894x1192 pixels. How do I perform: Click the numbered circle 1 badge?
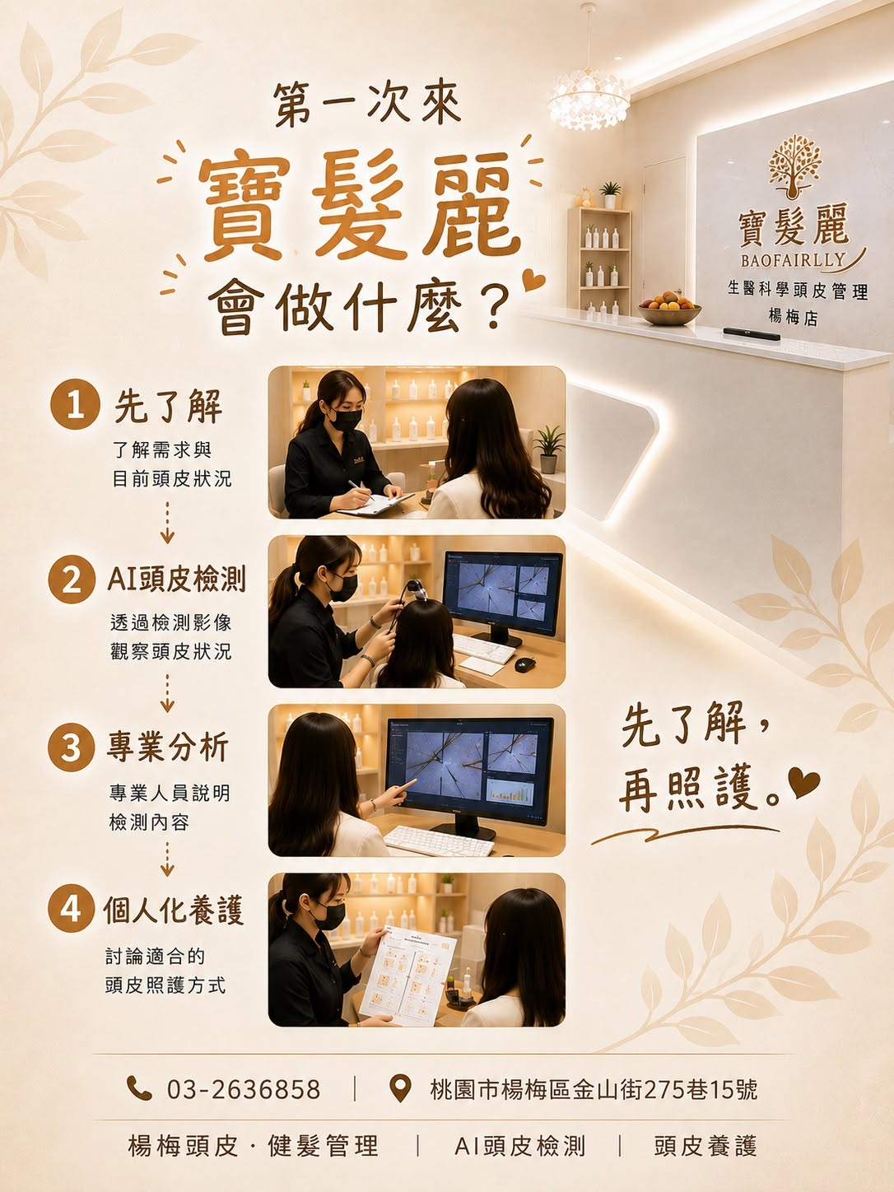[75, 404]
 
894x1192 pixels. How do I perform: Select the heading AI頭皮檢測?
[177, 579]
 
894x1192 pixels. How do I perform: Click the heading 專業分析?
[168, 747]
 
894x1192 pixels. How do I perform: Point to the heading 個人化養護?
[174, 910]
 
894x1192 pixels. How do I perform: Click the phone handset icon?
[139, 1088]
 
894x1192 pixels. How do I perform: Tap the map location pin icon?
[400, 1088]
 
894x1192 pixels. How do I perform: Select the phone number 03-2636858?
[243, 1089]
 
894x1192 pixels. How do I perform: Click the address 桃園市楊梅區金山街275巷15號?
[594, 1089]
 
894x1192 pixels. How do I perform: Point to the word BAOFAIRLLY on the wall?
[794, 261]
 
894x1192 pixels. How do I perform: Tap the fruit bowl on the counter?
[669, 308]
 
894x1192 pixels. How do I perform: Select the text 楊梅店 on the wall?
[793, 318]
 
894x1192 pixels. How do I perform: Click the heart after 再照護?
[804, 783]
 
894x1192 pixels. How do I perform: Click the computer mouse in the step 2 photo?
[524, 664]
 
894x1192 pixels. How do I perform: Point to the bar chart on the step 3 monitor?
[510, 792]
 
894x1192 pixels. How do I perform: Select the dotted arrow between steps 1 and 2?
[167, 522]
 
